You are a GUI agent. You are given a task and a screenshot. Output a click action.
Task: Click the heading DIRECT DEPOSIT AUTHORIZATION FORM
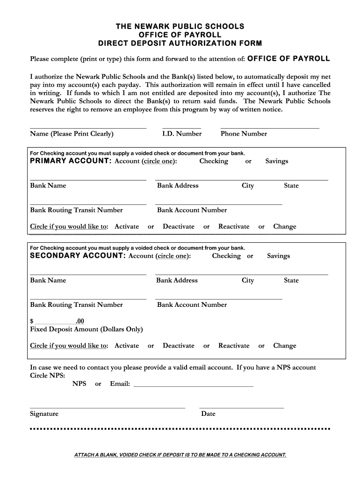[x=180, y=44]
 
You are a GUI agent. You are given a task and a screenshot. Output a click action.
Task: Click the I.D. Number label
[x=182, y=134]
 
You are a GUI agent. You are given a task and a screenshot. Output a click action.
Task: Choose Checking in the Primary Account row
[x=214, y=161]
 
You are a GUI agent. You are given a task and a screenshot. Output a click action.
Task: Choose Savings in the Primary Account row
[x=277, y=161]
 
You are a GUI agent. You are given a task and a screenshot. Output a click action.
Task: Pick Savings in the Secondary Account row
[x=279, y=256]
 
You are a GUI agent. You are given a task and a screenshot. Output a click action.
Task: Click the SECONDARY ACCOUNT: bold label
[x=78, y=256]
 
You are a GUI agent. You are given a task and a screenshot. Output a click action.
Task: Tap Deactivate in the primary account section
[x=179, y=227]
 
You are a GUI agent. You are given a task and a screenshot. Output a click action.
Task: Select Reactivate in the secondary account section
[x=234, y=346]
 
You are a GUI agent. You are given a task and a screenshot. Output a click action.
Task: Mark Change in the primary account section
[x=285, y=227]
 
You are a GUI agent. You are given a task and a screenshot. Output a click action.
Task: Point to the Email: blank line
[x=194, y=386]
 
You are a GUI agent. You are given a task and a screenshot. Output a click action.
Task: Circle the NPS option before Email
[x=79, y=384]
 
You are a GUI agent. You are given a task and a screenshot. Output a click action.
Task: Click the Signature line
[x=108, y=407]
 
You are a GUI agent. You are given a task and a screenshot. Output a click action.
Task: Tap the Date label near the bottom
[x=208, y=414]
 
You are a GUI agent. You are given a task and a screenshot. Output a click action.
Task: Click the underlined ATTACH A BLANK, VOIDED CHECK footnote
[x=180, y=455]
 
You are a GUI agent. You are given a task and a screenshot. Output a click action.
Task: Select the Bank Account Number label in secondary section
[x=192, y=305]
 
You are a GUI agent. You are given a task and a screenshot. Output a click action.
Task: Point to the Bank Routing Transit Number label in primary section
[x=76, y=210]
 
